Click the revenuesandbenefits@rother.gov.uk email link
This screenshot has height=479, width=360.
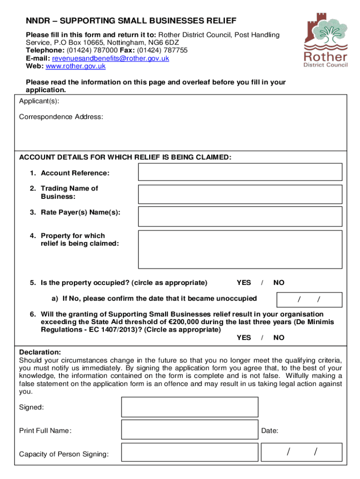[x=110, y=58]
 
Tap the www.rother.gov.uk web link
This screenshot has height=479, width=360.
[x=76, y=66]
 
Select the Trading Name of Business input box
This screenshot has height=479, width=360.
[x=240, y=194]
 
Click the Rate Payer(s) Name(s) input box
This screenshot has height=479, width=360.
[x=240, y=216]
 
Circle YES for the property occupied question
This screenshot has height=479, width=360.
[x=244, y=283]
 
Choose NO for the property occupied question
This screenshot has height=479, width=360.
[x=279, y=283]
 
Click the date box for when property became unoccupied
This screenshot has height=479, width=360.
[x=310, y=299]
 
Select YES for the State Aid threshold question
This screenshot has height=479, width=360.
[x=244, y=338]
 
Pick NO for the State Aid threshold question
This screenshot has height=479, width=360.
[x=279, y=338]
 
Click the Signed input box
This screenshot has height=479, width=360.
[x=189, y=407]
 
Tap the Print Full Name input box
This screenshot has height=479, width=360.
[x=189, y=429]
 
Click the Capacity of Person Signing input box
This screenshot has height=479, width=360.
[x=189, y=452]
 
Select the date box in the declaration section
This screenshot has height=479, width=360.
[x=302, y=452]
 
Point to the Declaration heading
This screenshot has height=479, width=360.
[x=40, y=352]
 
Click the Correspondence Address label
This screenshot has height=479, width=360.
[x=61, y=116]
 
